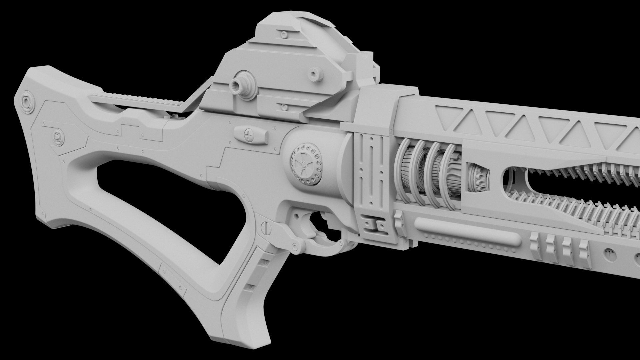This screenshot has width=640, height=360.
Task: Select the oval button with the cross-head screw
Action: [251, 135]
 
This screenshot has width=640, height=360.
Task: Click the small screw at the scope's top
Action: [284, 34]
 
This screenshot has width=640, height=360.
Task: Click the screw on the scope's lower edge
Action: [284, 107]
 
